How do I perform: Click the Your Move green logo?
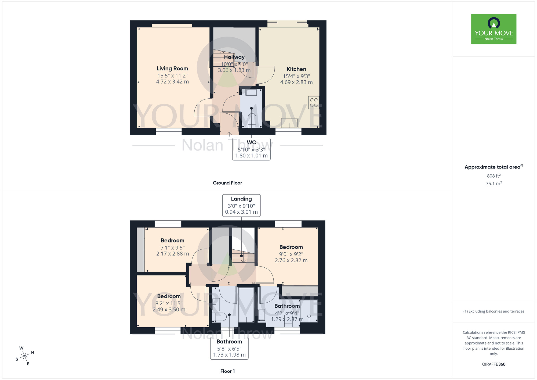494,29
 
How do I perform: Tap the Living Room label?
172,69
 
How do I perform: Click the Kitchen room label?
296,69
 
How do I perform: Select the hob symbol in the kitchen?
314,102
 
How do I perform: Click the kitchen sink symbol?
289,123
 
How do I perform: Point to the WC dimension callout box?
251,149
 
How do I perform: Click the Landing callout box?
241,205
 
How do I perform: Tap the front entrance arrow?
229,134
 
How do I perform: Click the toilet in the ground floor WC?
252,120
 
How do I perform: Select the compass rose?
25,356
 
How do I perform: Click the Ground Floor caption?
227,183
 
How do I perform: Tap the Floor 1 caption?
227,371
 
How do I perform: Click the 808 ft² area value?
494,176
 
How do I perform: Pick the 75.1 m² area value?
494,184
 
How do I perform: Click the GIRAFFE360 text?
494,364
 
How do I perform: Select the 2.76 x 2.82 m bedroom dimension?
291,260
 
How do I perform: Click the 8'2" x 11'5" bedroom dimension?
169,303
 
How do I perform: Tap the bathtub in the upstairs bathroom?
246,305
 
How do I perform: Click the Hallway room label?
234,57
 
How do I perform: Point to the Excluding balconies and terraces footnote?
494,311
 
